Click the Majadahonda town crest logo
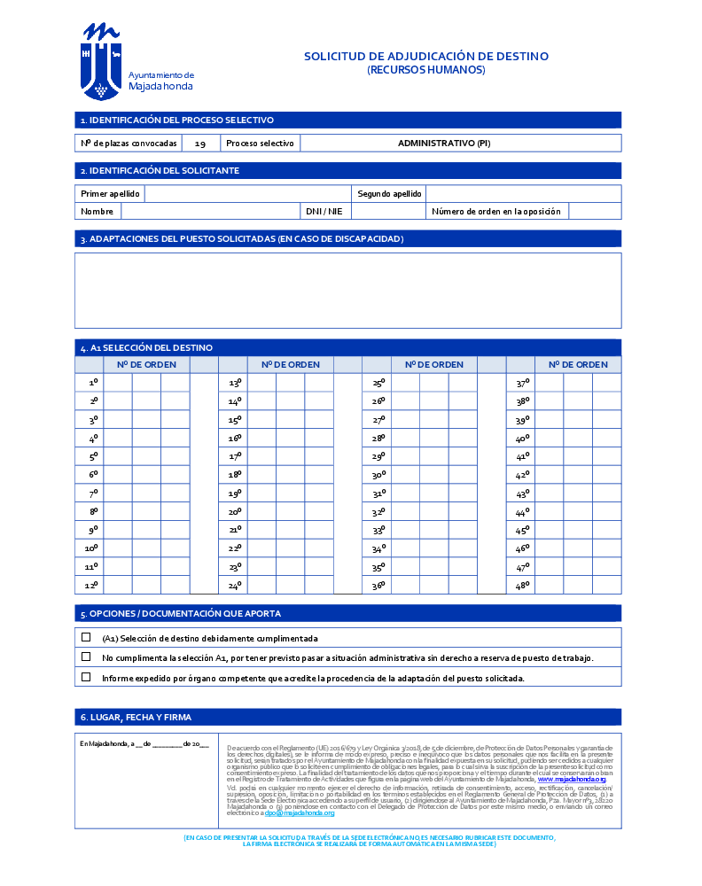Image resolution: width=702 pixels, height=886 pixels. point(101,62)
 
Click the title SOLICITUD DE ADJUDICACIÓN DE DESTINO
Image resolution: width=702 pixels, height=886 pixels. point(426,56)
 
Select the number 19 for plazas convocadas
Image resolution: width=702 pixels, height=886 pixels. point(200,144)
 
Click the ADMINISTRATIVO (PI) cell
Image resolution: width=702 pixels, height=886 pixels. point(443,144)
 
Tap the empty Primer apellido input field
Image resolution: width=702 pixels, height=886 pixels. point(247,194)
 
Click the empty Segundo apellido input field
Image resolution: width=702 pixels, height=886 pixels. point(523,194)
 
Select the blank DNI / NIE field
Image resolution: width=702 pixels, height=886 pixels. point(387,212)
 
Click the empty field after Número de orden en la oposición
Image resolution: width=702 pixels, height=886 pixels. point(594,212)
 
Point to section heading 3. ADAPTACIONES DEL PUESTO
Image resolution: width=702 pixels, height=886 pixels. point(242,239)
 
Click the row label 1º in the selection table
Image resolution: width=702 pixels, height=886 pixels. point(92,383)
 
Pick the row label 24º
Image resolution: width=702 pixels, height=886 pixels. point(235,585)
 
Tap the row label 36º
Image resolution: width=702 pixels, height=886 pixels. point(378,585)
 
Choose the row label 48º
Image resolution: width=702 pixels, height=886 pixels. point(522,585)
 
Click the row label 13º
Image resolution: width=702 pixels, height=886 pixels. point(235,383)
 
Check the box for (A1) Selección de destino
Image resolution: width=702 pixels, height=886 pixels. point(86,637)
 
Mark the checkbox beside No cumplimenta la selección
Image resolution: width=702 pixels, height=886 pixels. point(86,657)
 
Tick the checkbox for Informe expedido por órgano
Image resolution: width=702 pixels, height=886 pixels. point(86,677)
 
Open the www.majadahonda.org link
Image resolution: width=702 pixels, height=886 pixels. point(572,779)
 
